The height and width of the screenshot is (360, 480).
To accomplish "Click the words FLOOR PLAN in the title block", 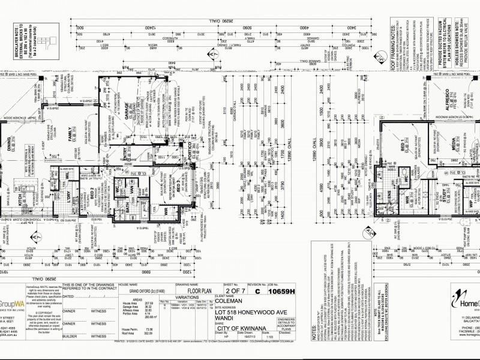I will pyautogui.click(x=187, y=292).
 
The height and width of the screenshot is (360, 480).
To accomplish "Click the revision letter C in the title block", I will pyautogui.click(x=257, y=292).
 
